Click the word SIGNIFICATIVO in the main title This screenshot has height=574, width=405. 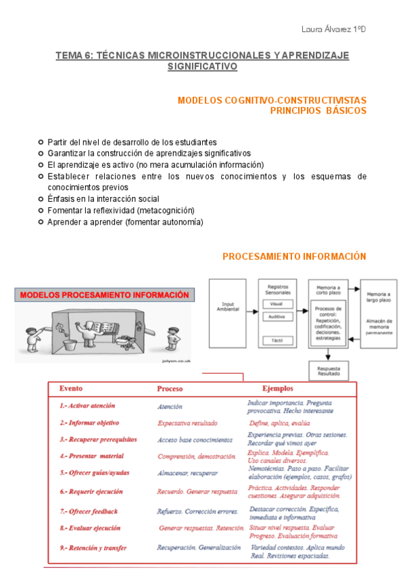coord(202,67)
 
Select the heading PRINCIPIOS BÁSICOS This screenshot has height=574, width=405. coord(318,110)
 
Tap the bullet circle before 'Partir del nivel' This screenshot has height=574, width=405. coord(41,142)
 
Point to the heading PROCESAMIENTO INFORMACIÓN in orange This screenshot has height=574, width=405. coord(294,257)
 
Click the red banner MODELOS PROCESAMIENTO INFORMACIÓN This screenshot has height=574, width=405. coord(104,295)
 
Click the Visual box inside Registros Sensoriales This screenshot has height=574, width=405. coord(277,305)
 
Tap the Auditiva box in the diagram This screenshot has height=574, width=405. coord(277,316)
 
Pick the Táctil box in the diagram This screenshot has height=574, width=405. coord(277,338)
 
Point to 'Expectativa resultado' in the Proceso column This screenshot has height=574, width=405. coord(187,423)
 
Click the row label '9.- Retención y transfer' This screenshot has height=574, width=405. coord(93,547)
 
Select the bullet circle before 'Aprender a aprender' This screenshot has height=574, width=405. coord(41,221)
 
